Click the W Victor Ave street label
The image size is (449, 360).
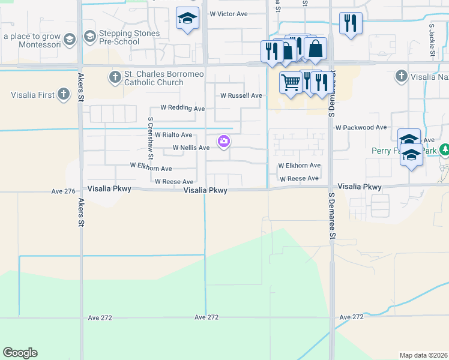click(229, 13)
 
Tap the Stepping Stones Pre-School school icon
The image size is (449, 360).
click(89, 37)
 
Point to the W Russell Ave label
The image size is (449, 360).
click(241, 95)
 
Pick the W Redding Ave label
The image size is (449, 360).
click(182, 108)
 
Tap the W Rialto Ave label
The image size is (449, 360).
click(173, 135)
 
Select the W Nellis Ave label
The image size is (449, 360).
click(191, 147)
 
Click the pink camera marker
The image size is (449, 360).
click(224, 142)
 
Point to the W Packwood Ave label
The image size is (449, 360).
click(361, 128)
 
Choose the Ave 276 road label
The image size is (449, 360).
click(63, 191)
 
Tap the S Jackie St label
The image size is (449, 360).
click(432, 41)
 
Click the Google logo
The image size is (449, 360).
click(20, 353)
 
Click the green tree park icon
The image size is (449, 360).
click(445, 149)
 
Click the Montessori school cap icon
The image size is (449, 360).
click(70, 39)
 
